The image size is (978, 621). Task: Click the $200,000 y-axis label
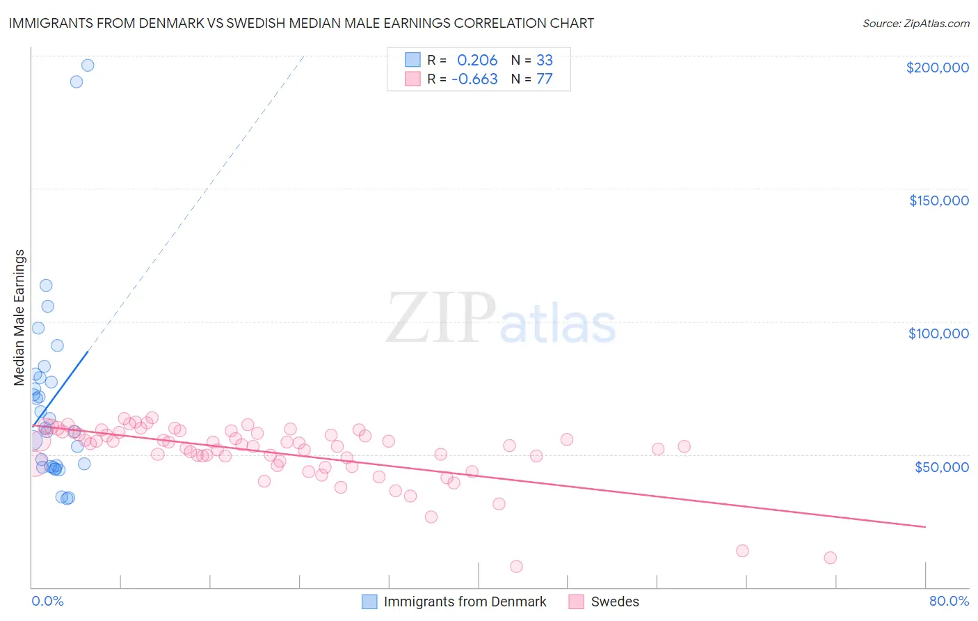tap(937, 68)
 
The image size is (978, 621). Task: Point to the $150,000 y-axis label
tap(938, 201)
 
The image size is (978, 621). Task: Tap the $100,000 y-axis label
tap(938, 333)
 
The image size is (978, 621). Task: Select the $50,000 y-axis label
tap(941, 466)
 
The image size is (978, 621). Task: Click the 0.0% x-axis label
tap(47, 601)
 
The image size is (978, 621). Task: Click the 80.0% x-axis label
tap(949, 601)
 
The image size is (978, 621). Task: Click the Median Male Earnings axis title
tap(19, 317)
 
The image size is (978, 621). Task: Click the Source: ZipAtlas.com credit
tap(915, 23)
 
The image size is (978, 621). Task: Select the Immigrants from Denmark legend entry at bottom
tap(465, 602)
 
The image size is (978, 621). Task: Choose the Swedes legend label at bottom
tap(614, 602)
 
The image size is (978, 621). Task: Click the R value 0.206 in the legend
tap(477, 60)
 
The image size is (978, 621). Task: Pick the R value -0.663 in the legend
tap(474, 79)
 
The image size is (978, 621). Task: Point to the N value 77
tap(544, 79)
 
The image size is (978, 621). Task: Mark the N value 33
tap(544, 60)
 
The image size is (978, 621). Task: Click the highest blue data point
tap(88, 65)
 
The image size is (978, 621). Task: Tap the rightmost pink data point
tap(830, 558)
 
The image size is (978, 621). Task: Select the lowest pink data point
tap(516, 567)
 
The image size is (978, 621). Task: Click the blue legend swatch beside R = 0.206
tap(412, 60)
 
